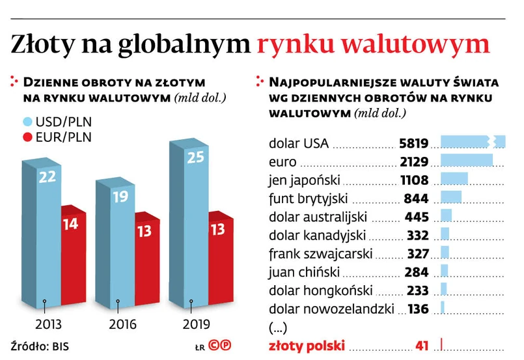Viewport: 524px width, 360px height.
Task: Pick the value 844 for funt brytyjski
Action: click(417, 199)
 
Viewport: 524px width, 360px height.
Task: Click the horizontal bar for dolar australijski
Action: click(446, 216)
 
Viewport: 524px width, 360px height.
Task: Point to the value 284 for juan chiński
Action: click(417, 272)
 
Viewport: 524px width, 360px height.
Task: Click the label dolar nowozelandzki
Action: click(336, 309)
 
